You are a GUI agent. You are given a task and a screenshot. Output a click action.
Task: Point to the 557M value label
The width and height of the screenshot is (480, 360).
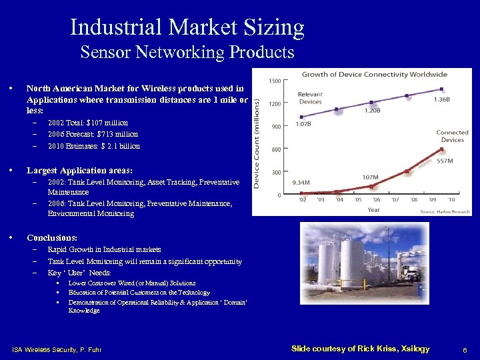(x=445, y=161)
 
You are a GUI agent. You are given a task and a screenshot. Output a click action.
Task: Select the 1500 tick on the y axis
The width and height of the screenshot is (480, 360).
(x=274, y=81)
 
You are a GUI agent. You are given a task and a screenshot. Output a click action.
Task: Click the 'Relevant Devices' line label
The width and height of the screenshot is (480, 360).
(x=310, y=98)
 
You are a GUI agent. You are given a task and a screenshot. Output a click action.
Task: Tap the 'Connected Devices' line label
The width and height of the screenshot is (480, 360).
(x=452, y=136)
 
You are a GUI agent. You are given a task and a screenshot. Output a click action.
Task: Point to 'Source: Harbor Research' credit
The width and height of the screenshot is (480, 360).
(x=445, y=211)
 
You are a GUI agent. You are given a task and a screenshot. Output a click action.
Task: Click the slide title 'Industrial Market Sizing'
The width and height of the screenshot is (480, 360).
(x=187, y=28)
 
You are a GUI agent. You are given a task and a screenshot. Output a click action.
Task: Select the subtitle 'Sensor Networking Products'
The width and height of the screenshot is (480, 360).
(x=187, y=52)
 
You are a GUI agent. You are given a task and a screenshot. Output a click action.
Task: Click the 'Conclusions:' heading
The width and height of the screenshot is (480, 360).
(x=52, y=237)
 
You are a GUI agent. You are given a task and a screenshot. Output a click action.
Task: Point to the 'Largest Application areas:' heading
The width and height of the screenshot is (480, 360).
(x=79, y=170)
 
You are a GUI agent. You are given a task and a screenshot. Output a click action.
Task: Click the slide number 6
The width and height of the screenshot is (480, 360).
(x=464, y=349)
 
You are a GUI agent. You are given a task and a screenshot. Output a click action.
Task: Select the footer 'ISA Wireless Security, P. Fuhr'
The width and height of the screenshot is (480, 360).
(x=57, y=350)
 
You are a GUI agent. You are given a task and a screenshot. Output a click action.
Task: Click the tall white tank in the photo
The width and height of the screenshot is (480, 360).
(x=351, y=263)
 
